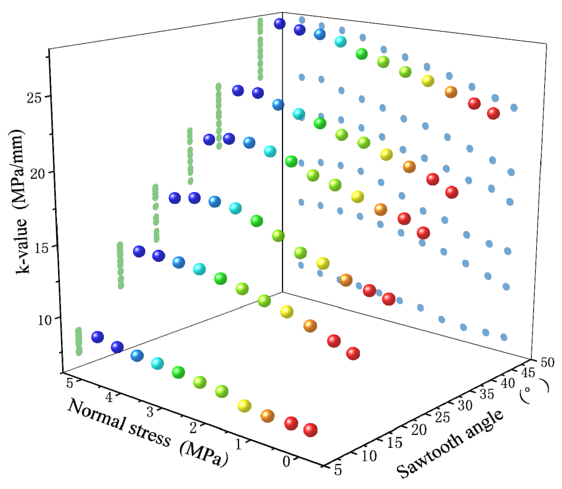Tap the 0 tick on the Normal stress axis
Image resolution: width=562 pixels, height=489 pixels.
[x=286, y=461]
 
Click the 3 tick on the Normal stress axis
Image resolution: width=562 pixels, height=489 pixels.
[x=150, y=411]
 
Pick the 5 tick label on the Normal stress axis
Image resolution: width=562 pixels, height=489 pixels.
[x=70, y=383]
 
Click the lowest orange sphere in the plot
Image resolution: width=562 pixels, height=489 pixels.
[x=267, y=416]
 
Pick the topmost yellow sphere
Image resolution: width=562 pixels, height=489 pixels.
[x=428, y=81]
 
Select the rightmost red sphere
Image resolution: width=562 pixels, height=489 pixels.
[x=493, y=113]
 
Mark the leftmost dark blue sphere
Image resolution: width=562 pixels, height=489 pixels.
[x=97, y=337]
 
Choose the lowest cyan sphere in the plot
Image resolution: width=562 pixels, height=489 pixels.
[x=157, y=363]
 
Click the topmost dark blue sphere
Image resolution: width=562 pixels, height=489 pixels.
[x=279, y=24]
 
